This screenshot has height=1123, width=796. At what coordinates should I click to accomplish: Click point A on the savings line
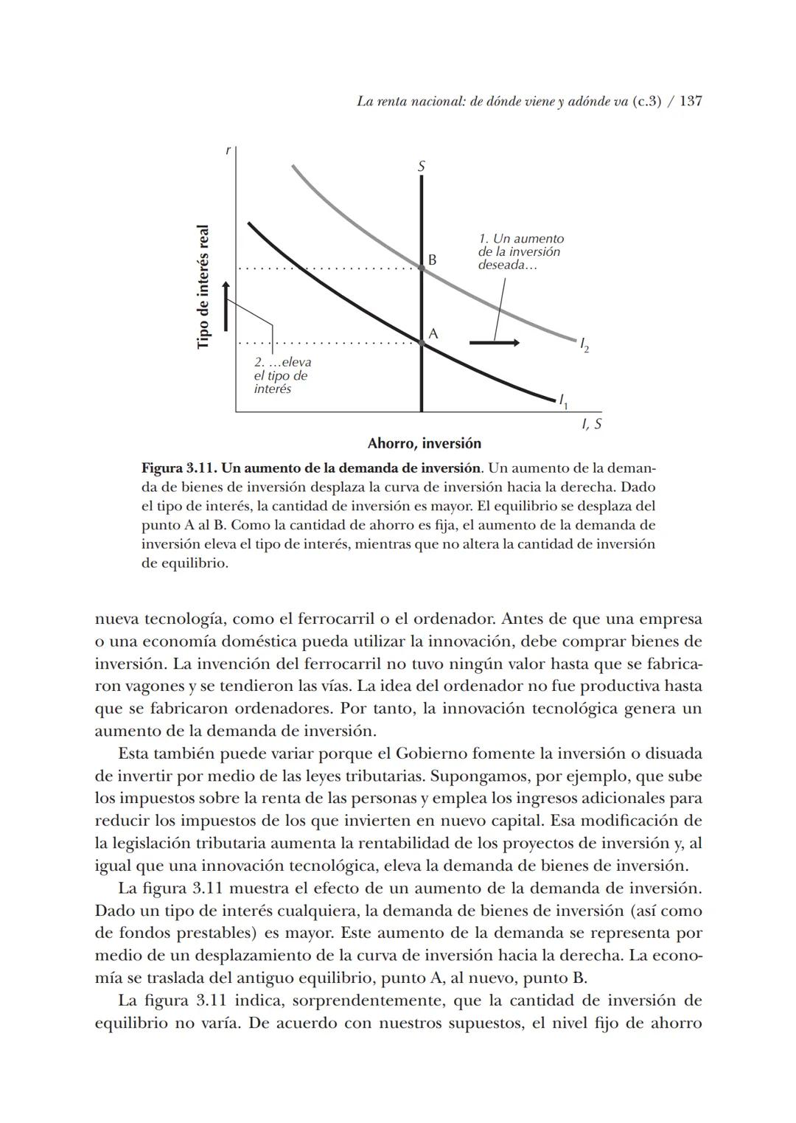pos(422,343)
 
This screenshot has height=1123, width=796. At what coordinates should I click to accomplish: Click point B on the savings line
pos(422,268)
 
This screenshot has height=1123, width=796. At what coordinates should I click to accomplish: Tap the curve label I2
pos(583,344)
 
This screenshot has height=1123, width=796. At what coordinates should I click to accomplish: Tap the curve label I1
pos(563,401)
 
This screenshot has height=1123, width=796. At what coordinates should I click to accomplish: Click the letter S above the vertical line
pos(422,167)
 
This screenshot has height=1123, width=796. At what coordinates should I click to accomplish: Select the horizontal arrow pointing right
pos(495,343)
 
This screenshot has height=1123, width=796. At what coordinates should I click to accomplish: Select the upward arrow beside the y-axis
pos(226,305)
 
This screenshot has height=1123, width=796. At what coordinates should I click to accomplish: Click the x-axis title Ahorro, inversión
pos(424,444)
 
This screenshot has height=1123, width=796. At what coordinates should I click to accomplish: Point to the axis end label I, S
pos(591,424)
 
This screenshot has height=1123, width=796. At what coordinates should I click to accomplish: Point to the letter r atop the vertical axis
pos(228,150)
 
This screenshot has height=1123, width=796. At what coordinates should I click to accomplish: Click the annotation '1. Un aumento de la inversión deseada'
pos(520,251)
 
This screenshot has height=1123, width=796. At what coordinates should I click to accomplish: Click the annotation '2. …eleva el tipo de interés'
pos(282,375)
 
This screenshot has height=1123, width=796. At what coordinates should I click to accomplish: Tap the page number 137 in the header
pos(690,101)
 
